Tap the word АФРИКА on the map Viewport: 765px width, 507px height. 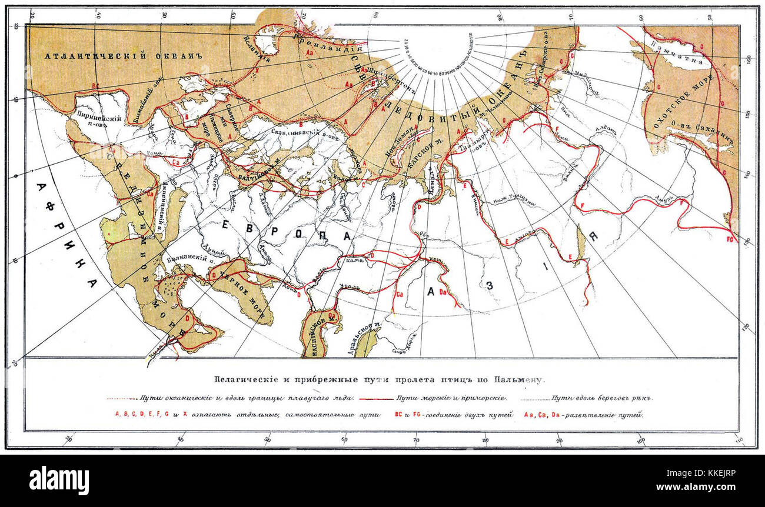click(65, 235)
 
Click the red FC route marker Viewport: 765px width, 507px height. click(730, 239)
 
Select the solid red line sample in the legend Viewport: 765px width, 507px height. click(370, 399)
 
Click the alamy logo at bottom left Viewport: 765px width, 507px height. click(59, 480)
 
